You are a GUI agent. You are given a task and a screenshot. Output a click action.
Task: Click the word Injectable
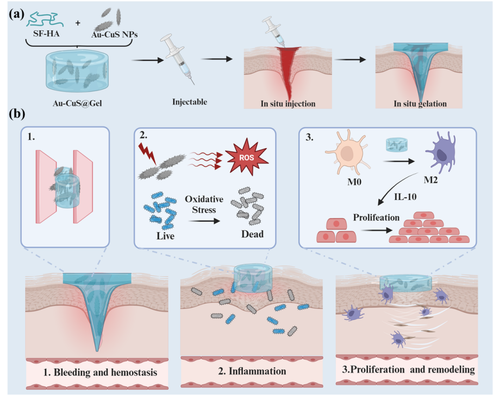pyautogui.click(x=188, y=102)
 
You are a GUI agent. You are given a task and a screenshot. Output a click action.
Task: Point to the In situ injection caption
pyautogui.click(x=282, y=103)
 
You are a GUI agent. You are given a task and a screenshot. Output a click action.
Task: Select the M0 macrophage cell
pyautogui.click(x=347, y=156)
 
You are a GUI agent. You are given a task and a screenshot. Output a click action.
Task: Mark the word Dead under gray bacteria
pyautogui.click(x=249, y=235)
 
